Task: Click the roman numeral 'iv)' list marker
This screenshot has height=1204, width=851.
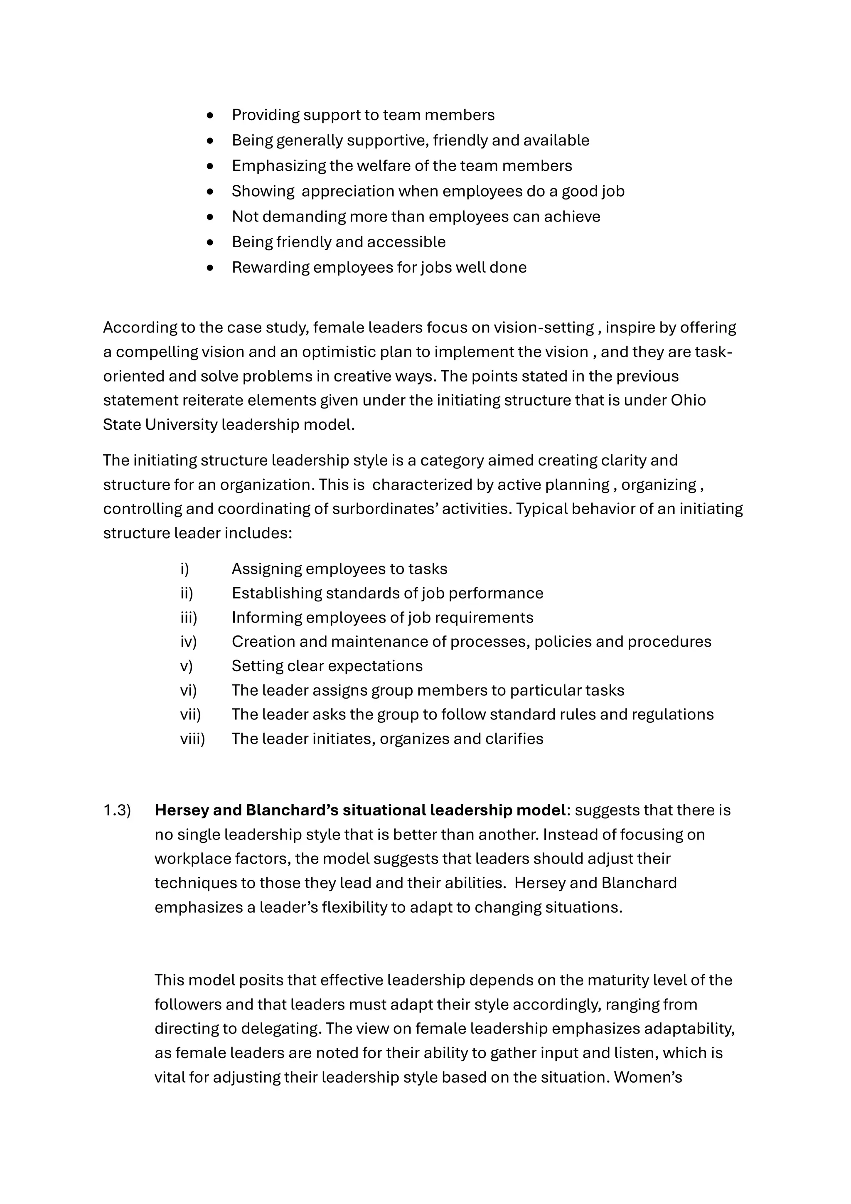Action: tap(188, 641)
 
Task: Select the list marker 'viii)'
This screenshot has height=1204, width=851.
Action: tap(192, 739)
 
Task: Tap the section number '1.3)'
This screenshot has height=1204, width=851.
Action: tap(117, 810)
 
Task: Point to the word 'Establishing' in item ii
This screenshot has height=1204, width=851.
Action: tap(277, 593)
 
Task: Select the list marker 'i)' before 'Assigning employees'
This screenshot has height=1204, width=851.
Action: tap(184, 569)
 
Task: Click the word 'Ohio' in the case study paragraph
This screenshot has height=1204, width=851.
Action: tap(688, 400)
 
